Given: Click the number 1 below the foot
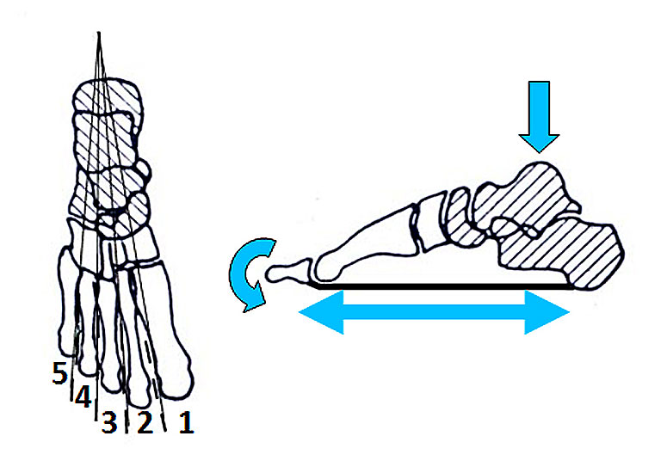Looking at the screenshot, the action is pyautogui.click(x=186, y=423).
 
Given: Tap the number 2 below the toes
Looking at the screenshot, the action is pyautogui.click(x=145, y=423).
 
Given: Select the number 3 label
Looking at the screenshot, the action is pyautogui.click(x=109, y=423).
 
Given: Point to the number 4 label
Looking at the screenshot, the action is pyautogui.click(x=83, y=397).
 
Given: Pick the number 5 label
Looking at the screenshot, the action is pyautogui.click(x=60, y=372).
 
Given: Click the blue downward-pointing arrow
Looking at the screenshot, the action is pyautogui.click(x=539, y=116).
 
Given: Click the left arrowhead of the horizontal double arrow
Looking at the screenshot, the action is pyautogui.click(x=321, y=312).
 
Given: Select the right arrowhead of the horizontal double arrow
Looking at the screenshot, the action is pyautogui.click(x=547, y=312).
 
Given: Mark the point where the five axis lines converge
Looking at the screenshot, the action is pyautogui.click(x=99, y=34).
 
